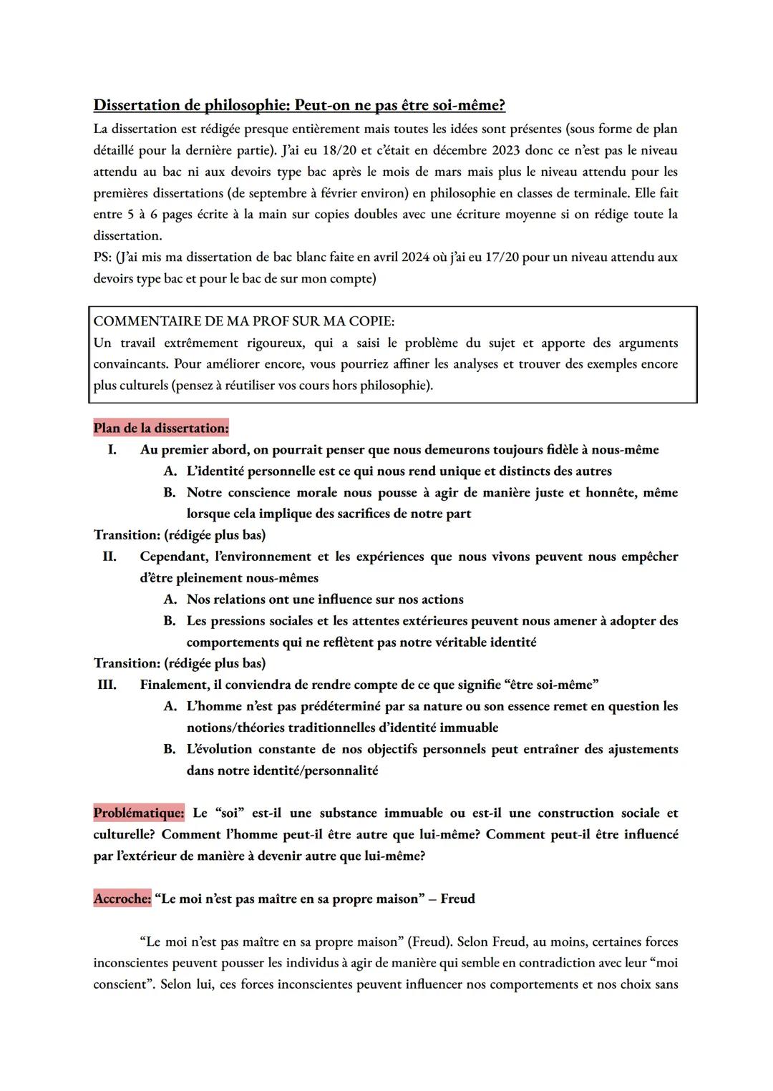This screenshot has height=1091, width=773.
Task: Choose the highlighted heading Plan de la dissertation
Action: pyautogui.click(x=161, y=428)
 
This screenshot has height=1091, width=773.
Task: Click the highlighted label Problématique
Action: pyautogui.click(x=138, y=813)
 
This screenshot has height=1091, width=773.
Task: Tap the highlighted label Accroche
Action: pyautogui.click(x=122, y=899)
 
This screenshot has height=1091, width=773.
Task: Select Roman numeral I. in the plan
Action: pyautogui.click(x=112, y=449)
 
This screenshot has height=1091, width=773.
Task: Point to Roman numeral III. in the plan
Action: pyautogui.click(x=107, y=685)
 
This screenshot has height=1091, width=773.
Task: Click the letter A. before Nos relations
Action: pyautogui.click(x=170, y=600)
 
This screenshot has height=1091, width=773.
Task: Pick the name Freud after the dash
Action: pyautogui.click(x=457, y=899)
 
